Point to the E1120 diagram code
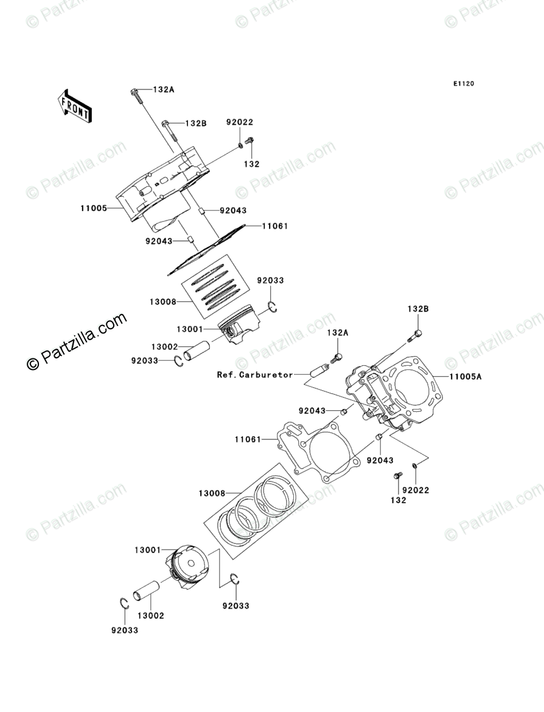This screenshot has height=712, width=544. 462,84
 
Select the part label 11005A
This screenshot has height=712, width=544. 466,377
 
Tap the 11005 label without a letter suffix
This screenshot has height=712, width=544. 93,208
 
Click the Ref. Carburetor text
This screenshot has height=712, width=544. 255,375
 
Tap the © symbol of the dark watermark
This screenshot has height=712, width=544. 33,363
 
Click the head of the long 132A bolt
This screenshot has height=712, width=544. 134,92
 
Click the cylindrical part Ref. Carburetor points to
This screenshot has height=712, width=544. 319,369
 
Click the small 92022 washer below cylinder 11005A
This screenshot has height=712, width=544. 414,467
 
